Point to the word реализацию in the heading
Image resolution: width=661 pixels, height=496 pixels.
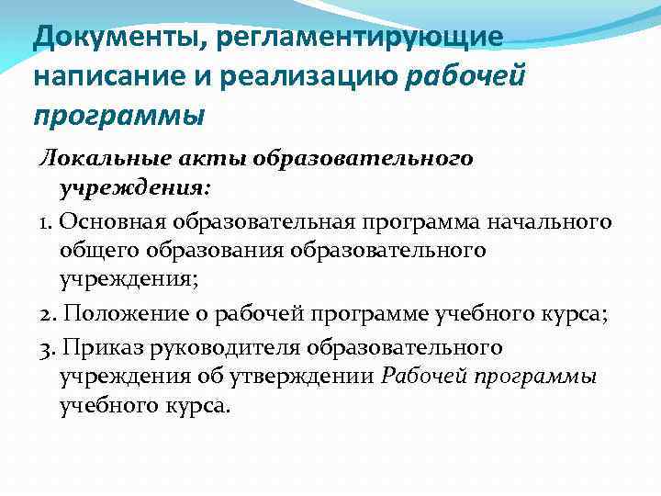pyautogui.click(x=310, y=78)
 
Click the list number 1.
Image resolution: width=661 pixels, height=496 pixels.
pyautogui.click(x=46, y=223)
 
